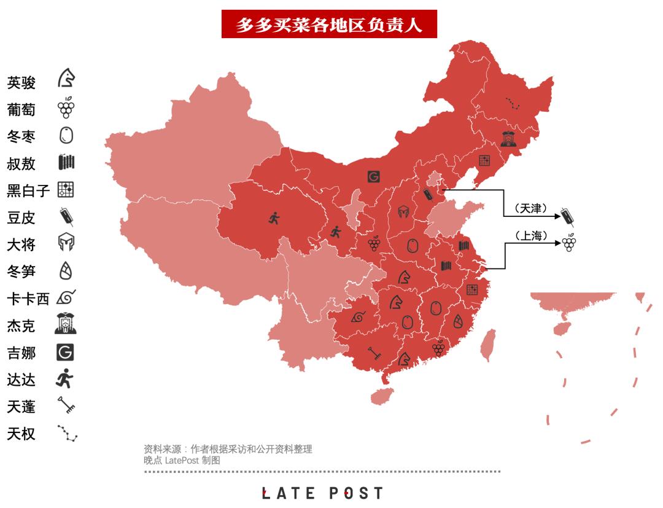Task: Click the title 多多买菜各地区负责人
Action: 329,24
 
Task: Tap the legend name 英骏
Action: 21,83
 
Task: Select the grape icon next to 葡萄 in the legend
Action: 66,108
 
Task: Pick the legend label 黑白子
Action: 28,191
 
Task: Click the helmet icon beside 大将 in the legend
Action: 66,244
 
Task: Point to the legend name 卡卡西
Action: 28,299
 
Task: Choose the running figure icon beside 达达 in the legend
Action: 66,379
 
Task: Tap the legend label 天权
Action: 21,434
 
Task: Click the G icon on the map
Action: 373,177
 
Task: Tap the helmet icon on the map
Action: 403,212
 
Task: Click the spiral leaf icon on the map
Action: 358,317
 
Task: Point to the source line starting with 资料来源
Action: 232,449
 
